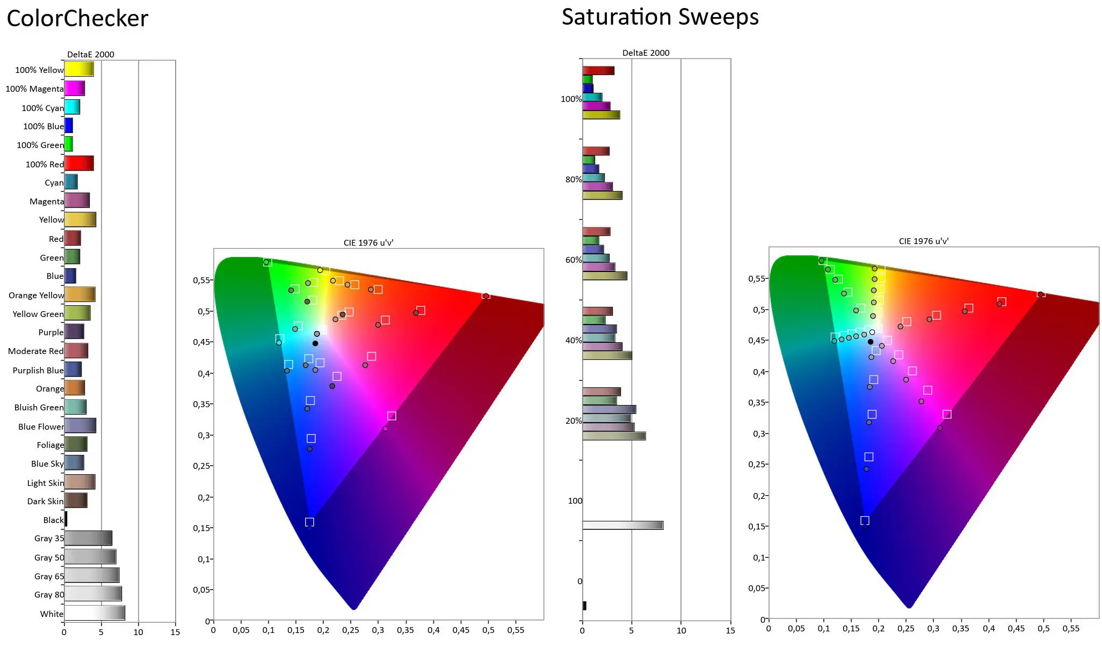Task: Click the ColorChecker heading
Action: coord(77,19)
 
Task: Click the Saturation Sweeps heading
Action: coord(660,17)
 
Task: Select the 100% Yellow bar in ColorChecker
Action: coord(79,69)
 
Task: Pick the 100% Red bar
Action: coord(79,164)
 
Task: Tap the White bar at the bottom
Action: coord(95,613)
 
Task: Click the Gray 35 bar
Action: coord(88,538)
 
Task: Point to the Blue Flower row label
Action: coord(41,426)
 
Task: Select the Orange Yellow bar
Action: coord(79,294)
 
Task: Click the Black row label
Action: coord(53,520)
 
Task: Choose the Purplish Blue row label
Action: coord(38,370)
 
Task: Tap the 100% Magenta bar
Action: coord(75,89)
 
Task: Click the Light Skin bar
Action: coord(79,482)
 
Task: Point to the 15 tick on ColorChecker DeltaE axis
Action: coord(175,632)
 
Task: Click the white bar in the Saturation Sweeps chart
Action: coord(622,525)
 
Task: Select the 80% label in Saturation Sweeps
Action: coord(573,180)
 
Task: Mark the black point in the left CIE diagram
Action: coord(315,343)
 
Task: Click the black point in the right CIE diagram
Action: coord(871,342)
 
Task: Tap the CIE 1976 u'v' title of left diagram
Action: coord(368,243)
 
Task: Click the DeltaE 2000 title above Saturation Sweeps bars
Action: coord(646,53)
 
